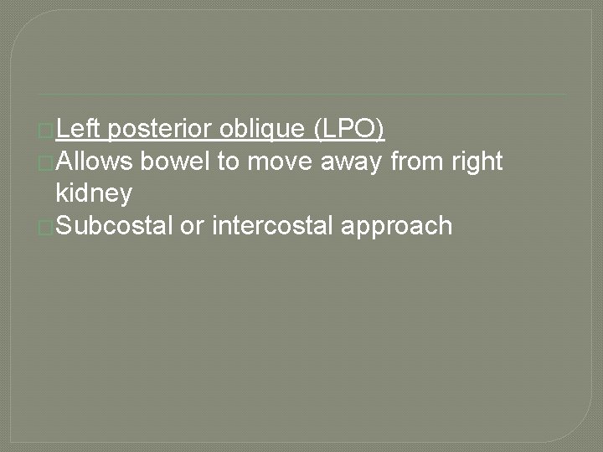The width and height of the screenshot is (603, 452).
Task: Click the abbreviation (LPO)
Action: [348, 129]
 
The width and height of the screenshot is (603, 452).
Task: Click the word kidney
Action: [94, 193]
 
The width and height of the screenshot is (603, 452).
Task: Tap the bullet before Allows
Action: [45, 162]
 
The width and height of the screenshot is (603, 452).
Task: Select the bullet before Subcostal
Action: [45, 226]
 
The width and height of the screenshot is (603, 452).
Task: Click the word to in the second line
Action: [229, 161]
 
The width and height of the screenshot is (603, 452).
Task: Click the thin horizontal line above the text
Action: [301, 95]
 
